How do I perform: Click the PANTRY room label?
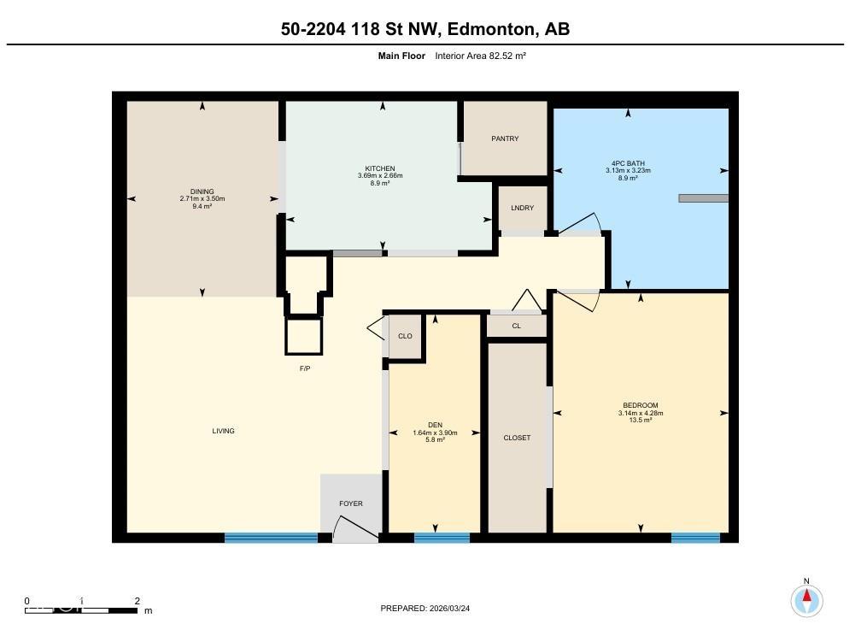point(505,138)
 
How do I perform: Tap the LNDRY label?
point(522,209)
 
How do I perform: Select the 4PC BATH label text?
point(628,163)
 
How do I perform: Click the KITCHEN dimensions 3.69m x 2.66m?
point(380,176)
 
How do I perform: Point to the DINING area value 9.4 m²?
point(202,205)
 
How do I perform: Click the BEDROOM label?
point(640,406)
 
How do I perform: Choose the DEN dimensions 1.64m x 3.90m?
point(435,433)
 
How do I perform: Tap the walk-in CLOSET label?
point(517,438)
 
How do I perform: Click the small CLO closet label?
point(405,336)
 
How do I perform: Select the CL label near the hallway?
point(516,326)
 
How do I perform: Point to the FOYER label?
point(351,503)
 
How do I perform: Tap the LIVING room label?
point(223,431)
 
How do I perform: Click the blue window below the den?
point(442,538)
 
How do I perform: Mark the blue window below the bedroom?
point(695,538)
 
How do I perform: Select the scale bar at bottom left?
point(81,609)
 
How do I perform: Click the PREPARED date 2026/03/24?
point(425,608)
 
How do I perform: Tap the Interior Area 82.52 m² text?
point(480,56)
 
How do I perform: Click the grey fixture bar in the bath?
point(703,198)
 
